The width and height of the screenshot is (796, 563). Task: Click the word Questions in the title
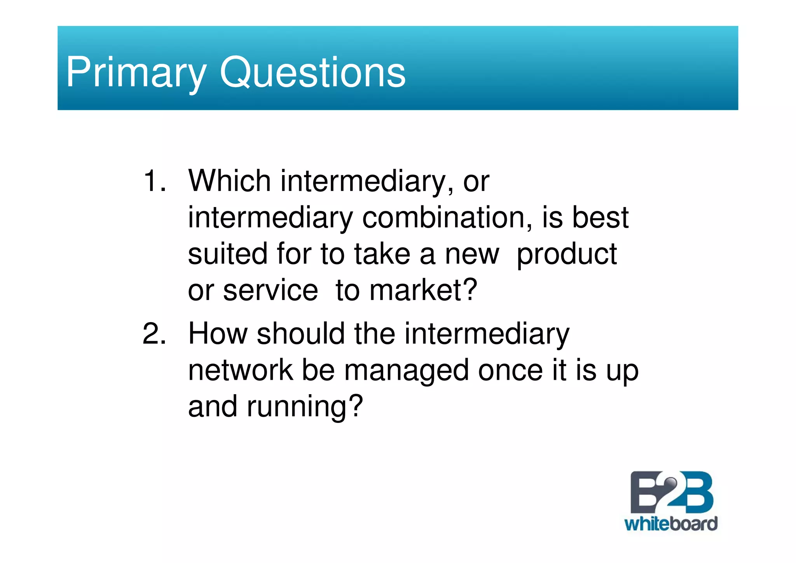pos(312,73)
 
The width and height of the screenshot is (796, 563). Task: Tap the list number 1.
pos(154,181)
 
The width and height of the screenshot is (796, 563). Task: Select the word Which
pos(229,181)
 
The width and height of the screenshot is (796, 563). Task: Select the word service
pos(271,291)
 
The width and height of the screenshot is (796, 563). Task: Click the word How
pos(218,334)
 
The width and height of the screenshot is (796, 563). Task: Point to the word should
pos(300,334)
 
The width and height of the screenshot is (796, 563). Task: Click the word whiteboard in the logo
pos(670,524)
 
